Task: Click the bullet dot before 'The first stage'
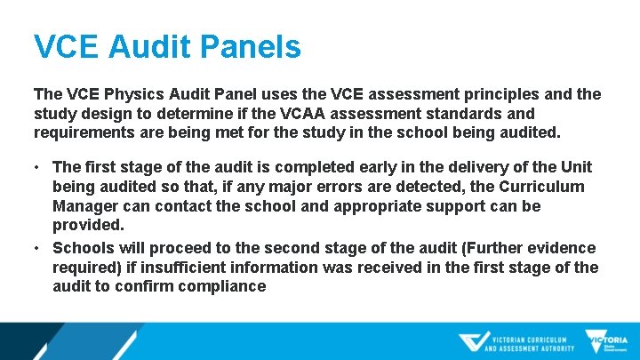39,167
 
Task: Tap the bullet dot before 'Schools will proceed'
39,247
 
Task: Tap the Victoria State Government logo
606,342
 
